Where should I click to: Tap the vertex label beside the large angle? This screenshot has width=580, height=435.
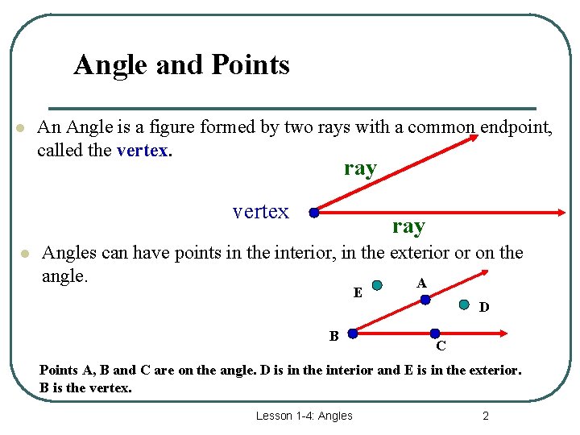pyautogui.click(x=260, y=212)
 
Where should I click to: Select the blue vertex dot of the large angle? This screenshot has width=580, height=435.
pyautogui.click(x=314, y=213)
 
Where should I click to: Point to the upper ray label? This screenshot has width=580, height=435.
pyautogui.click(x=360, y=168)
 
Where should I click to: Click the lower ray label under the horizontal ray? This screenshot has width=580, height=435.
pyautogui.click(x=408, y=226)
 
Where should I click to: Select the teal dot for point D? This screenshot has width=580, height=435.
pyautogui.click(x=464, y=304)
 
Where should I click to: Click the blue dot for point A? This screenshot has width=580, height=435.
pyautogui.click(x=425, y=298)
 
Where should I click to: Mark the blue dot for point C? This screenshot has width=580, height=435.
pyautogui.click(x=435, y=333)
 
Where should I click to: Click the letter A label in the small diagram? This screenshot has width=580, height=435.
pyautogui.click(x=421, y=284)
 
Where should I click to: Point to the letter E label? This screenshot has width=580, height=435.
pyautogui.click(x=358, y=293)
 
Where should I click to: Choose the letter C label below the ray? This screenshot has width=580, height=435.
pyautogui.click(x=441, y=347)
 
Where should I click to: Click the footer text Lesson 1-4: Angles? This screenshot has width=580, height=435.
pyautogui.click(x=304, y=416)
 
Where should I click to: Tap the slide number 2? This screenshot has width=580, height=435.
pyautogui.click(x=486, y=416)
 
